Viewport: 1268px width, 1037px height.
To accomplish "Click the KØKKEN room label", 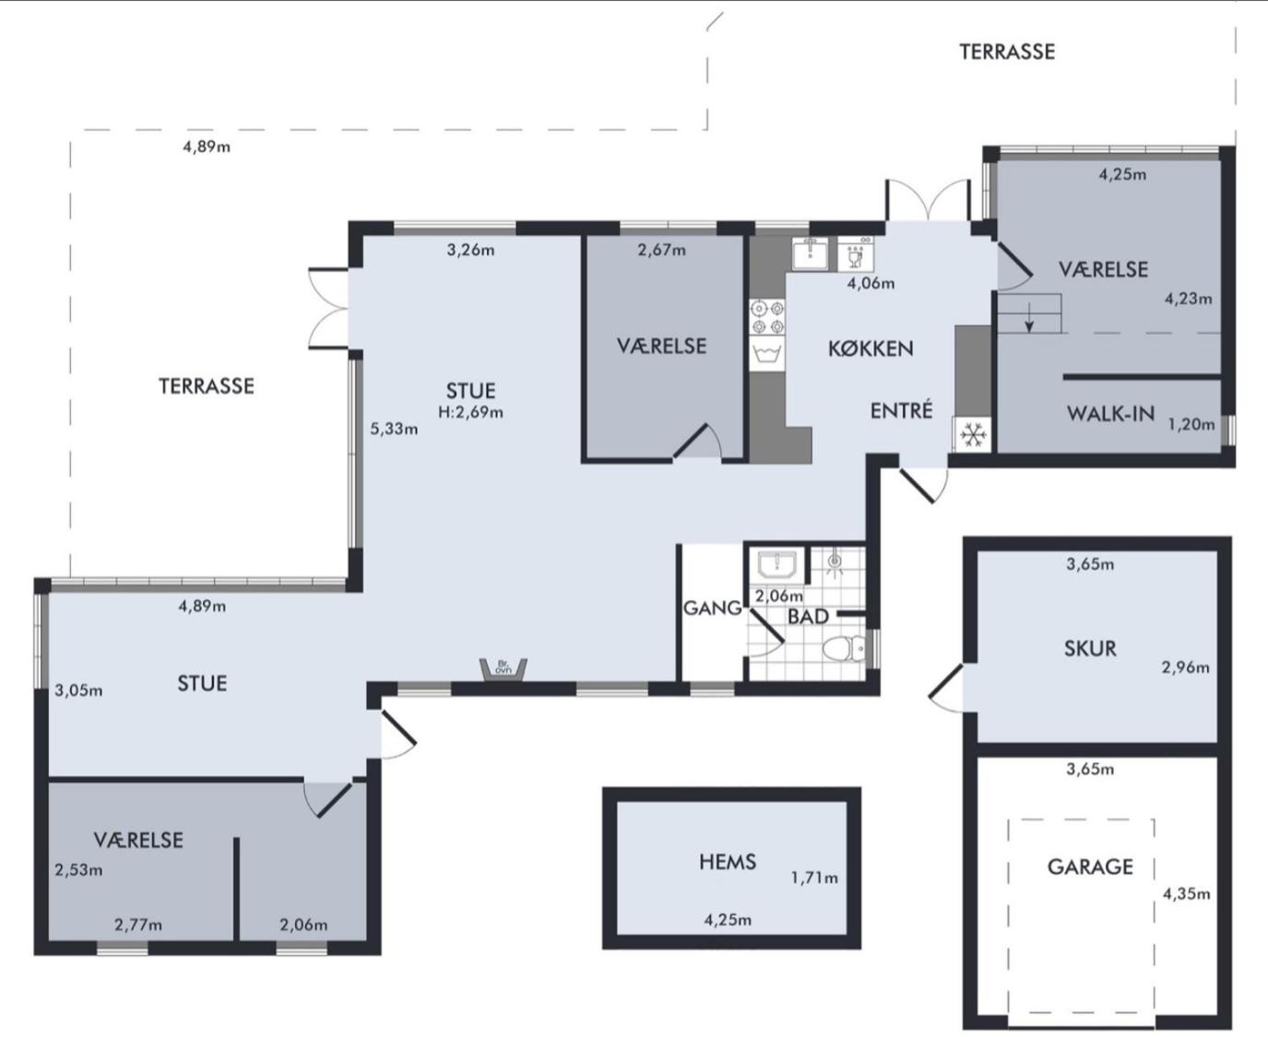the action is point(871,348).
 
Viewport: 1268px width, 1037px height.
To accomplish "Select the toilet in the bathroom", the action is point(843,649).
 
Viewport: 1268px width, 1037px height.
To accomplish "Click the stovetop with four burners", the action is point(768,317).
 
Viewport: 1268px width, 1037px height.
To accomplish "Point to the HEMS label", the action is point(728,862).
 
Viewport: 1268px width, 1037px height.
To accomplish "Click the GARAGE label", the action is point(1090,866).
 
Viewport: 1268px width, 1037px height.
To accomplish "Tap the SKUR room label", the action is point(1090,648).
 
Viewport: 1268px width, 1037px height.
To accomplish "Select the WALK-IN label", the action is point(1110,414).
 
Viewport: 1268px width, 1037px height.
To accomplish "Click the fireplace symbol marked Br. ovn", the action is point(504,669).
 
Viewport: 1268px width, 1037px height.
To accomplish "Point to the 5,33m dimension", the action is point(394,430).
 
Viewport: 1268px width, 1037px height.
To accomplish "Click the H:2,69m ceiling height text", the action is point(470,412).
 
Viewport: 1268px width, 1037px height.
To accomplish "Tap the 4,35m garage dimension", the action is point(1186,894).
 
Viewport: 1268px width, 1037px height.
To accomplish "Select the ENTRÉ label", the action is point(901,410).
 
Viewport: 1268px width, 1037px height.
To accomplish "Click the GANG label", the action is point(713,608).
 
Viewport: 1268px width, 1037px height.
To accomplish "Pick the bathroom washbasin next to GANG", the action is point(776,565).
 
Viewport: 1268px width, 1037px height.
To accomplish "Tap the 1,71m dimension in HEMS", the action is point(814,878).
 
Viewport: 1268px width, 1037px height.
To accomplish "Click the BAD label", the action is point(808,617).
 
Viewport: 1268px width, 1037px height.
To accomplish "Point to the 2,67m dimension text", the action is point(661,250).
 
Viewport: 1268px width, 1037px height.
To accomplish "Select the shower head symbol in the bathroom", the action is point(834,560).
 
